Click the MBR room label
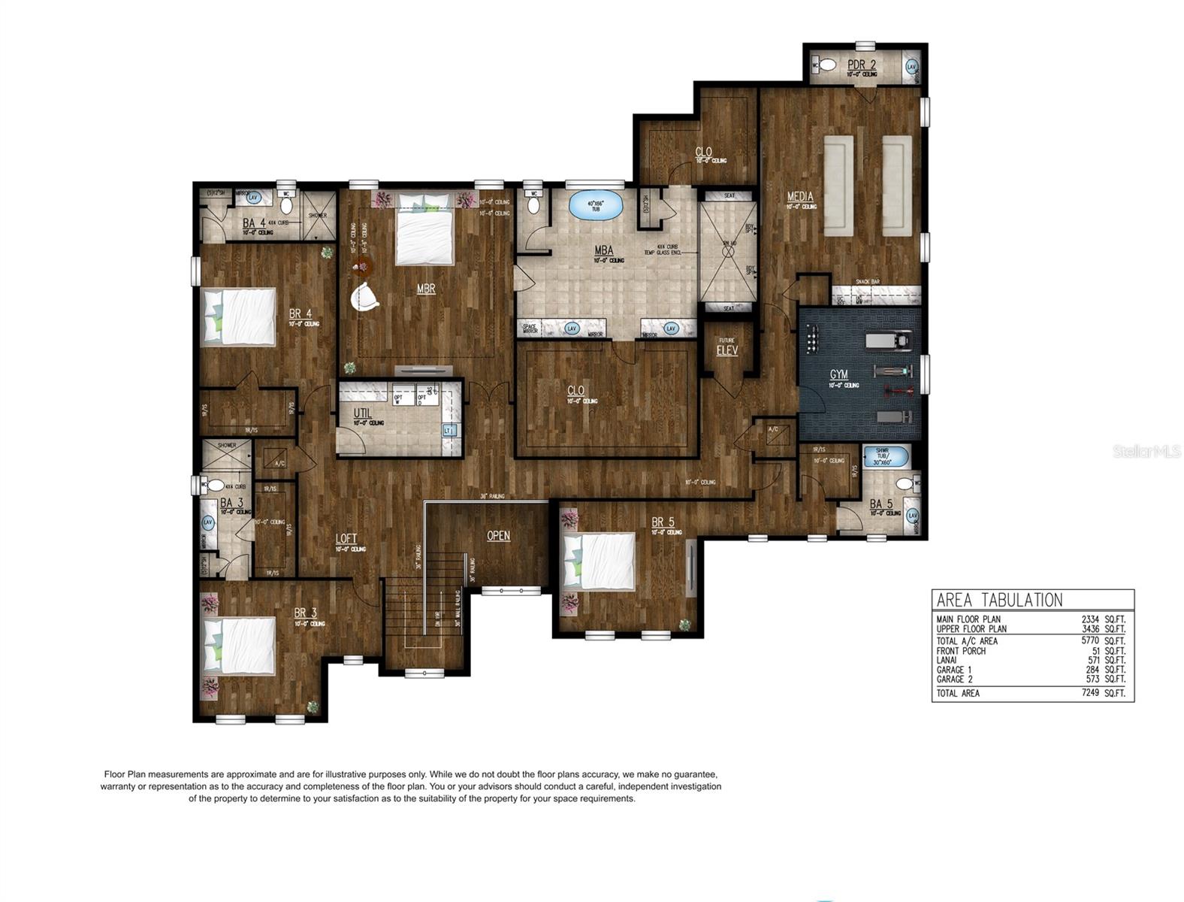click(426, 288)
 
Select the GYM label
click(838, 374)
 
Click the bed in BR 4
click(240, 317)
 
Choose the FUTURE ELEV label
click(726, 347)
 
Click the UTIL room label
click(363, 413)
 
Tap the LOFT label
click(346, 538)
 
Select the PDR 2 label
click(861, 65)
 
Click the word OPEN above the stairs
click(498, 536)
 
